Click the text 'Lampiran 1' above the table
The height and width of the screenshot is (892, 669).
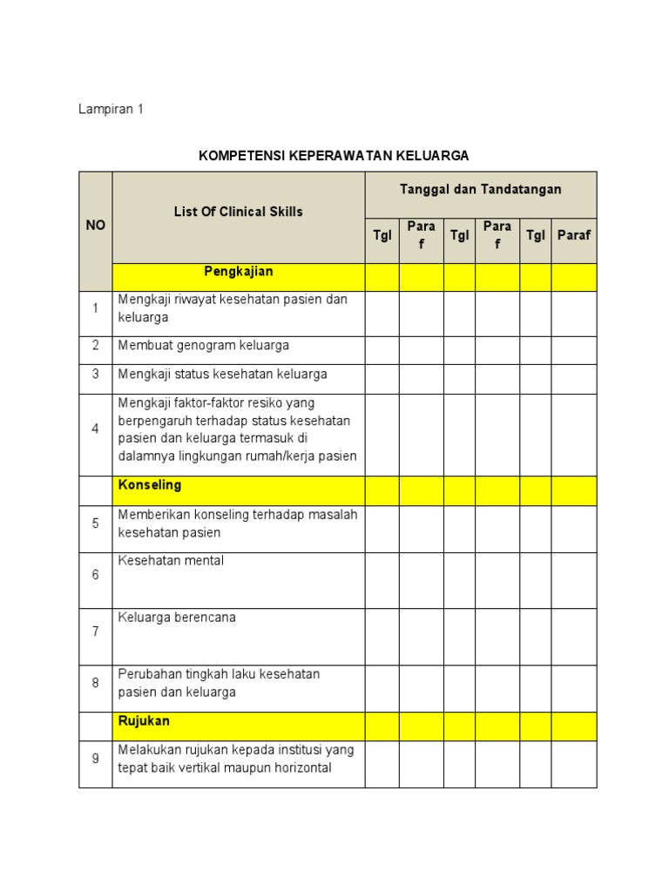111,110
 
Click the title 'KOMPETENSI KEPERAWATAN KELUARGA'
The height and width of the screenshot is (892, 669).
334,156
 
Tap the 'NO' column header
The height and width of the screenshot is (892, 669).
95,225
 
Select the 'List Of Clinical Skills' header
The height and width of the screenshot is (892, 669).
238,212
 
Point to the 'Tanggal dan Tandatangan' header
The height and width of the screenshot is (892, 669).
480,189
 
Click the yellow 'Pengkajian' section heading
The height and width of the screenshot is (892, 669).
238,272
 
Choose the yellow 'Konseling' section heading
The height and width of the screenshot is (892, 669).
150,484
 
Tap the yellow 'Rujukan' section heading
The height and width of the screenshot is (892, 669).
144,721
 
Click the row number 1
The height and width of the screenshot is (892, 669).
95,308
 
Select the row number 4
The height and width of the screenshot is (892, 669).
95,429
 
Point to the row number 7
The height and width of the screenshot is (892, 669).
95,632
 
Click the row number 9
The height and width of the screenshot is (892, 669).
95,759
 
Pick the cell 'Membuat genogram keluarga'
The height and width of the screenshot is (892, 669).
203,345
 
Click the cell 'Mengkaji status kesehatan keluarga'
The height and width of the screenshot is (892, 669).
222,374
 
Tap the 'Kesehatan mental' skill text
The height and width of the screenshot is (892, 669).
171,560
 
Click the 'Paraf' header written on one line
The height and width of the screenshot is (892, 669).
574,235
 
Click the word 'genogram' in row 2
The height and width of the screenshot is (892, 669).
202,345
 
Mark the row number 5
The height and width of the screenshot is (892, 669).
95,524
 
